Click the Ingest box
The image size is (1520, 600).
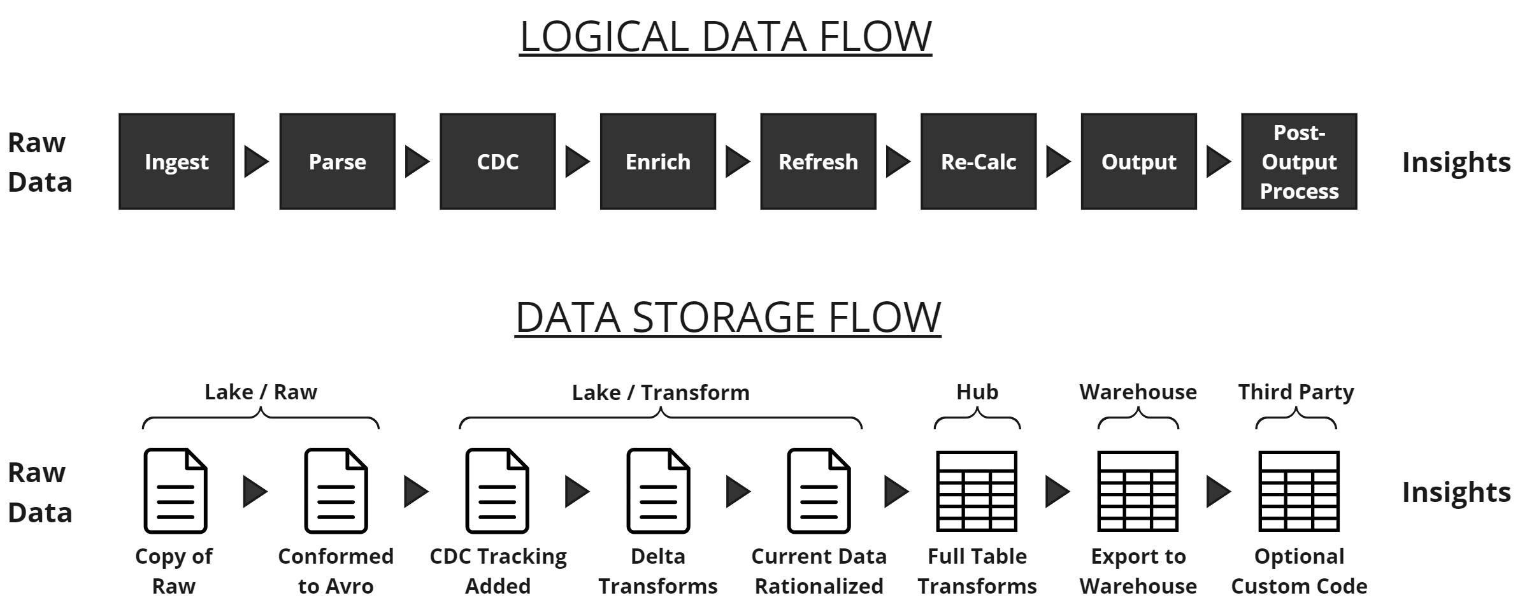click(176, 162)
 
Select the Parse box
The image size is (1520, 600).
click(337, 162)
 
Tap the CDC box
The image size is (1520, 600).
click(498, 162)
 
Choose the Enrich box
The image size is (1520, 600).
click(657, 162)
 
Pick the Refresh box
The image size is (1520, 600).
click(818, 162)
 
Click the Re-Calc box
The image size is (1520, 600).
click(979, 162)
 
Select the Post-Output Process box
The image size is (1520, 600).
click(1299, 162)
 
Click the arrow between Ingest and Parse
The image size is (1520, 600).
click(256, 162)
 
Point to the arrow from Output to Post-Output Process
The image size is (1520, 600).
click(1218, 162)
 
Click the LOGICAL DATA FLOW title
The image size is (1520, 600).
click(726, 36)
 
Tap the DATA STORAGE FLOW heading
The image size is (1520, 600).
click(728, 317)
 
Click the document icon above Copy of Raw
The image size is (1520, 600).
click(175, 490)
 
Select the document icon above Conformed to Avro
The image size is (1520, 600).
click(336, 490)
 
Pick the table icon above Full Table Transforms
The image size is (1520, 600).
click(977, 491)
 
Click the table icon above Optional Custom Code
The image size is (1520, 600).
click(1299, 491)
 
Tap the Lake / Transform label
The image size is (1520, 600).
click(661, 392)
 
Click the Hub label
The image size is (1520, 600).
click(977, 392)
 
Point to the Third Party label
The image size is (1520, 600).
click(1296, 392)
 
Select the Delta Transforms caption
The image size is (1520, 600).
click(657, 571)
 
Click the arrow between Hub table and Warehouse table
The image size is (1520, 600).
click(1058, 492)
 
